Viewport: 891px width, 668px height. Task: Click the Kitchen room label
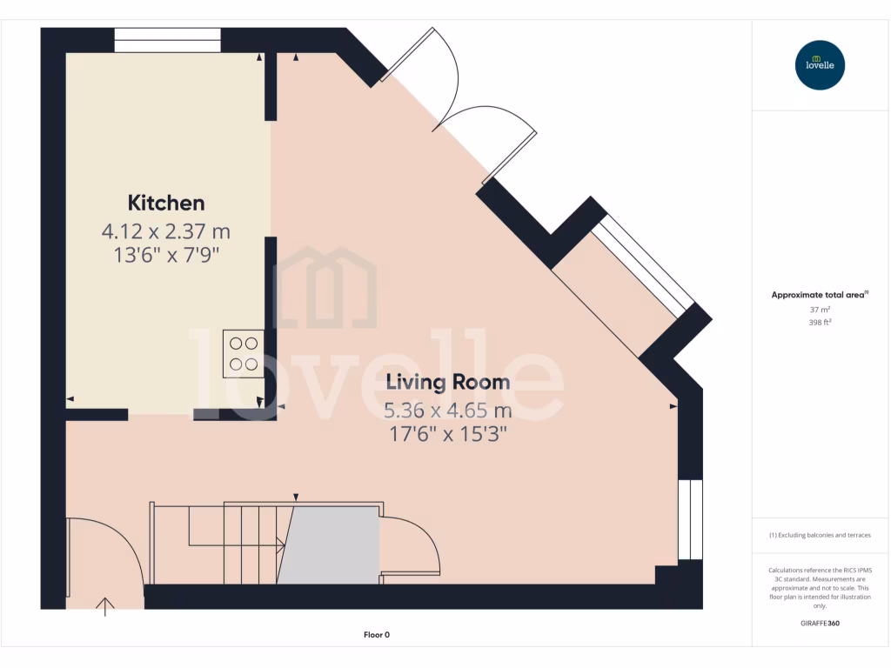(x=166, y=204)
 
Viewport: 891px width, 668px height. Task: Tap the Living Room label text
(x=447, y=382)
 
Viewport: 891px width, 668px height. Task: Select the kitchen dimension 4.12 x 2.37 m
(x=166, y=231)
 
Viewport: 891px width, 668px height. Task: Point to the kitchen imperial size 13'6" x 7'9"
(x=166, y=256)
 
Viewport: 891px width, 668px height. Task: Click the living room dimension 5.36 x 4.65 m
(x=447, y=410)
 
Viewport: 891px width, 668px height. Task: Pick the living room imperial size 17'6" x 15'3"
(x=447, y=434)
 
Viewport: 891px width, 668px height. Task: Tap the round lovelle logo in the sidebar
(x=820, y=65)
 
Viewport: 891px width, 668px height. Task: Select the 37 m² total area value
(x=820, y=309)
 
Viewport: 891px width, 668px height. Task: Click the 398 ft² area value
(x=820, y=322)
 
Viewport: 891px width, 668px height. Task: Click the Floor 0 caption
(x=376, y=635)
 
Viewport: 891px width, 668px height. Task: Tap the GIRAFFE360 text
(x=820, y=624)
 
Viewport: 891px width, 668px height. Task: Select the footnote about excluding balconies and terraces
(x=820, y=535)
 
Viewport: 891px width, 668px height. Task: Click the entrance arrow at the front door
(x=106, y=606)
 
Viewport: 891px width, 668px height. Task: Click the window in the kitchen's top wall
(x=167, y=40)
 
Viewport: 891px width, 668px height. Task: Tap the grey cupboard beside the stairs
(x=332, y=545)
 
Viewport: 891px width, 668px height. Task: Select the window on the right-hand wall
(x=689, y=519)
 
